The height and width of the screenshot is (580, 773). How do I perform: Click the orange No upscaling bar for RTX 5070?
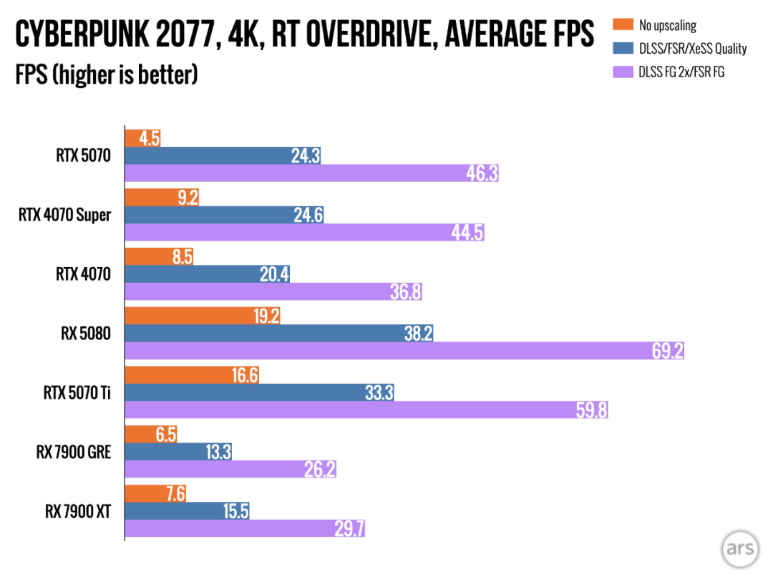pyautogui.click(x=142, y=137)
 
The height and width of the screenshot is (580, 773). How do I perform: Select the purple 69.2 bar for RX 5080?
pyautogui.click(x=404, y=351)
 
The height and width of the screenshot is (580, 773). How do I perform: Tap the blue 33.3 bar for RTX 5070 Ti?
pyautogui.click(x=260, y=392)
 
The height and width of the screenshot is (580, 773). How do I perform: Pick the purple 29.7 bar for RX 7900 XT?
pyautogui.click(x=245, y=528)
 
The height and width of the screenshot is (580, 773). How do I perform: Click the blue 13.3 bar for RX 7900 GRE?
pyautogui.click(x=178, y=451)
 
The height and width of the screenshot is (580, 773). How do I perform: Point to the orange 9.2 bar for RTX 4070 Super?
pyautogui.click(x=162, y=197)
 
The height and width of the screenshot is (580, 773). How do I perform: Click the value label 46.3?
pyautogui.click(x=481, y=173)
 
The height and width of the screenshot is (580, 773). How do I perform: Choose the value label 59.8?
pyautogui.click(x=590, y=410)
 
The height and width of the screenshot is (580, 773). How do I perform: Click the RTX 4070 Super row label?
pyautogui.click(x=64, y=214)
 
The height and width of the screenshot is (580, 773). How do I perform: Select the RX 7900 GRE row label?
pyautogui.click(x=74, y=452)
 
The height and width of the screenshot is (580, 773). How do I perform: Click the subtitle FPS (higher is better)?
pyautogui.click(x=107, y=74)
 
